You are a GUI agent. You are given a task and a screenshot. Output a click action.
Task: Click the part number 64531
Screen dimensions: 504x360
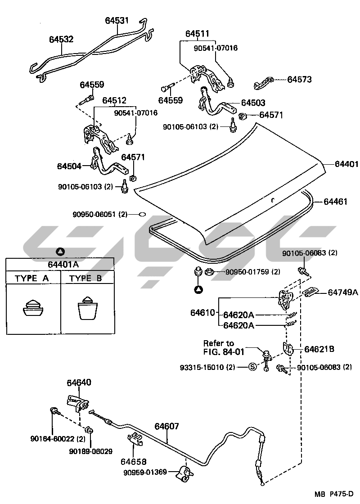coord(117,20)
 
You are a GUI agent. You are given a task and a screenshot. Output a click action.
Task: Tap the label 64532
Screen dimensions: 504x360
coord(61,40)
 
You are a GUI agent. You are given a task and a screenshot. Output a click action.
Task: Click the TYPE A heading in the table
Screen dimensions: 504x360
coord(32,278)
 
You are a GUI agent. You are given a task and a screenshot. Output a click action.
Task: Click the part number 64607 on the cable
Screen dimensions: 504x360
coord(167,426)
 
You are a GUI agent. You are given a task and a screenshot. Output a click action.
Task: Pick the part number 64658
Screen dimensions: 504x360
coord(133,462)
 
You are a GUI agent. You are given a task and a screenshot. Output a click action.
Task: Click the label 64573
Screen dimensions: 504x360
coord(300,80)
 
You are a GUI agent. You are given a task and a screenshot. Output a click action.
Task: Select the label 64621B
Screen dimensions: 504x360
coord(319,349)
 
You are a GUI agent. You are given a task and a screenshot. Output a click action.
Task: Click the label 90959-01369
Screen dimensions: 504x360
coord(145,472)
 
